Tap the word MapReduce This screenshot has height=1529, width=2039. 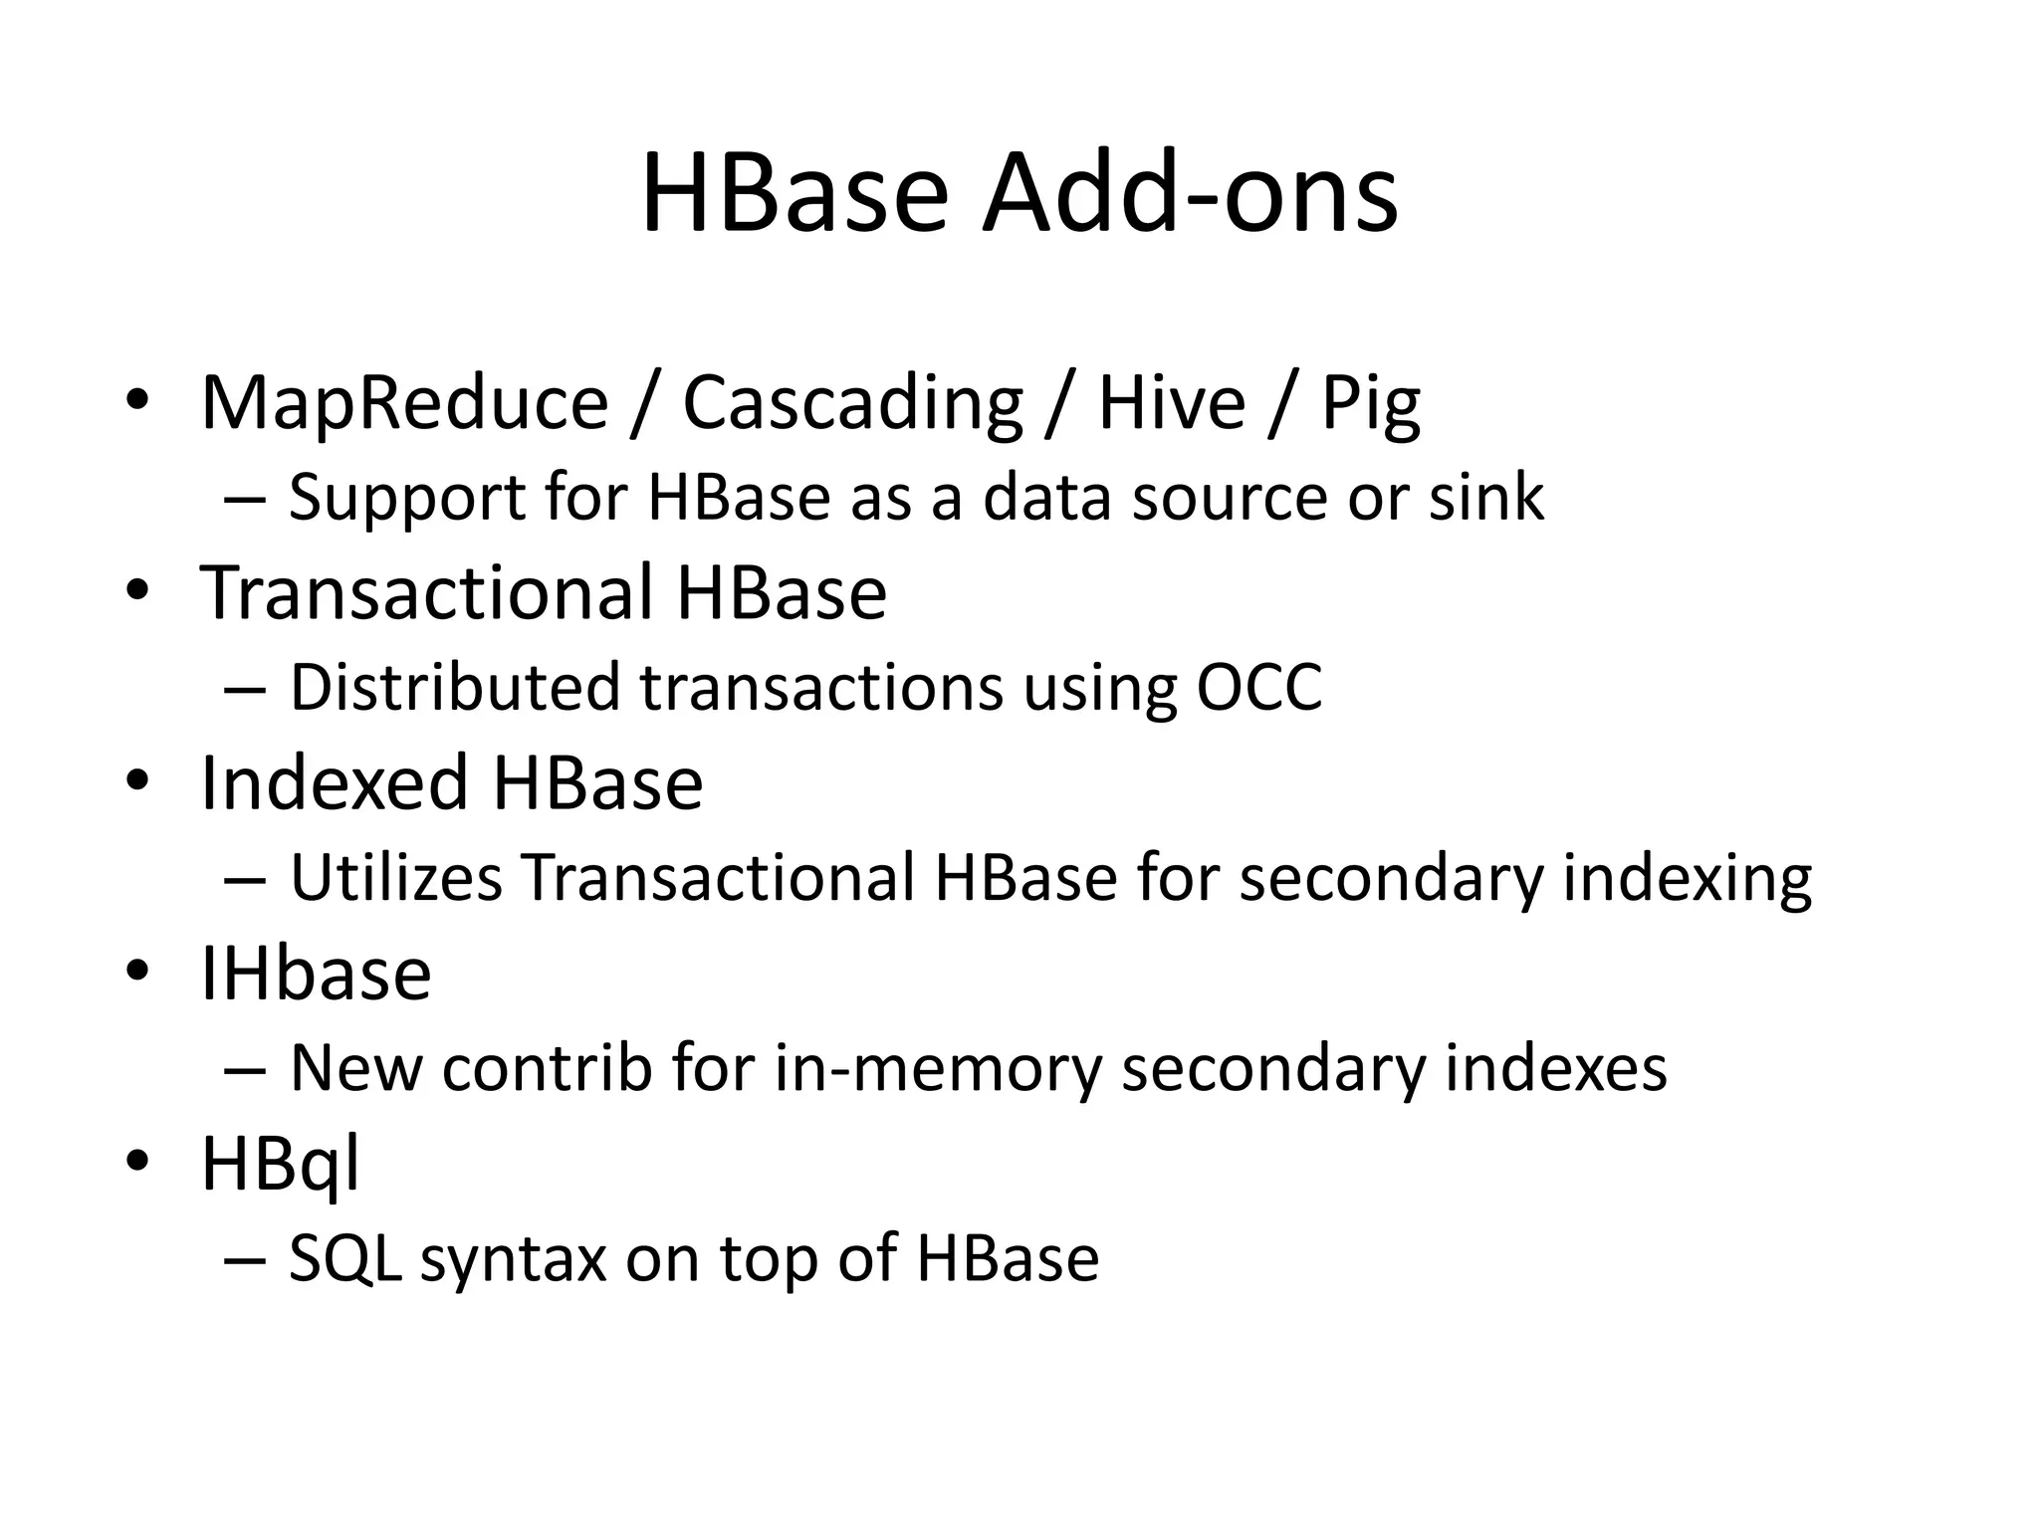[x=404, y=403]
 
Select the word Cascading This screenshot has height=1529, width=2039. [x=852, y=403]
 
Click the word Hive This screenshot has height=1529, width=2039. [x=1171, y=403]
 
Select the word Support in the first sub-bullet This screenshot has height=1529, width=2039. [x=407, y=499]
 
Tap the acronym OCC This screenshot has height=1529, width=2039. [x=1259, y=687]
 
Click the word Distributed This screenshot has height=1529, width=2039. [x=454, y=687]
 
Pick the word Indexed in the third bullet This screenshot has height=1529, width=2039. [x=334, y=782]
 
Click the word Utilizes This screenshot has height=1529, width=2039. [x=396, y=878]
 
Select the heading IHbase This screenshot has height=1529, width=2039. [x=316, y=973]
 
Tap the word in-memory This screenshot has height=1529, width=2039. [x=938, y=1069]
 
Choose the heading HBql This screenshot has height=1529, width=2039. [x=280, y=1164]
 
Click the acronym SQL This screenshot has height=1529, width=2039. [x=344, y=1258]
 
